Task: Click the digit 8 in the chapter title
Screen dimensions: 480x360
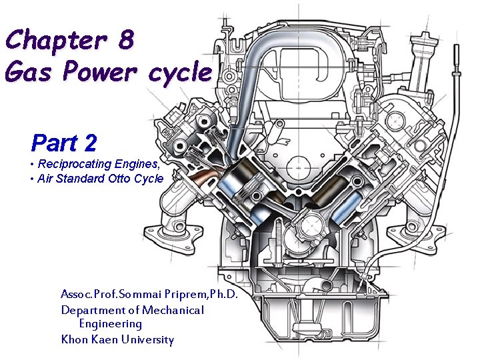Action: click(x=126, y=39)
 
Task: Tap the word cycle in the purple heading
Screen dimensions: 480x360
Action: click(x=180, y=73)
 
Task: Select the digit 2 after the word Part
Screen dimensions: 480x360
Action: click(x=89, y=143)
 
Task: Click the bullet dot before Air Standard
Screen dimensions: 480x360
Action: click(x=33, y=179)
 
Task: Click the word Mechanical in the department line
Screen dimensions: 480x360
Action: click(x=173, y=310)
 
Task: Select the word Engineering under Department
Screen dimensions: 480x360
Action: click(x=111, y=324)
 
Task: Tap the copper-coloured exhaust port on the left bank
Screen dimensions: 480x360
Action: click(x=205, y=176)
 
